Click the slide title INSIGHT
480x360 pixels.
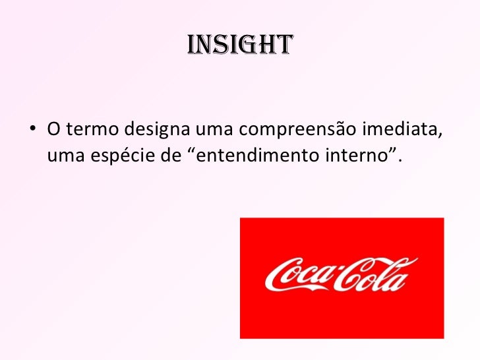[x=239, y=45]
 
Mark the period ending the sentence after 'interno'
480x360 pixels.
[x=400, y=161]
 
